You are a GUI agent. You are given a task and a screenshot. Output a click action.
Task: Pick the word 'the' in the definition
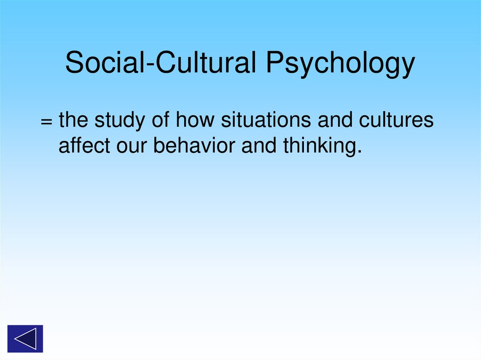point(74,121)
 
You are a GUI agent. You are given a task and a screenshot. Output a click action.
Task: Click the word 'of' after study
point(161,121)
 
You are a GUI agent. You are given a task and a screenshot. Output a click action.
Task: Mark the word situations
point(266,121)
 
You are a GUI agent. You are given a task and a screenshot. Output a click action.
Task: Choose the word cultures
point(396,121)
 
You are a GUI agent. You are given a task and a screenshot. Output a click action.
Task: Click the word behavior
point(195,146)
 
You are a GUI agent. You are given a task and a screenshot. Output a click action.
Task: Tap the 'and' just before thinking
point(258,146)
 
